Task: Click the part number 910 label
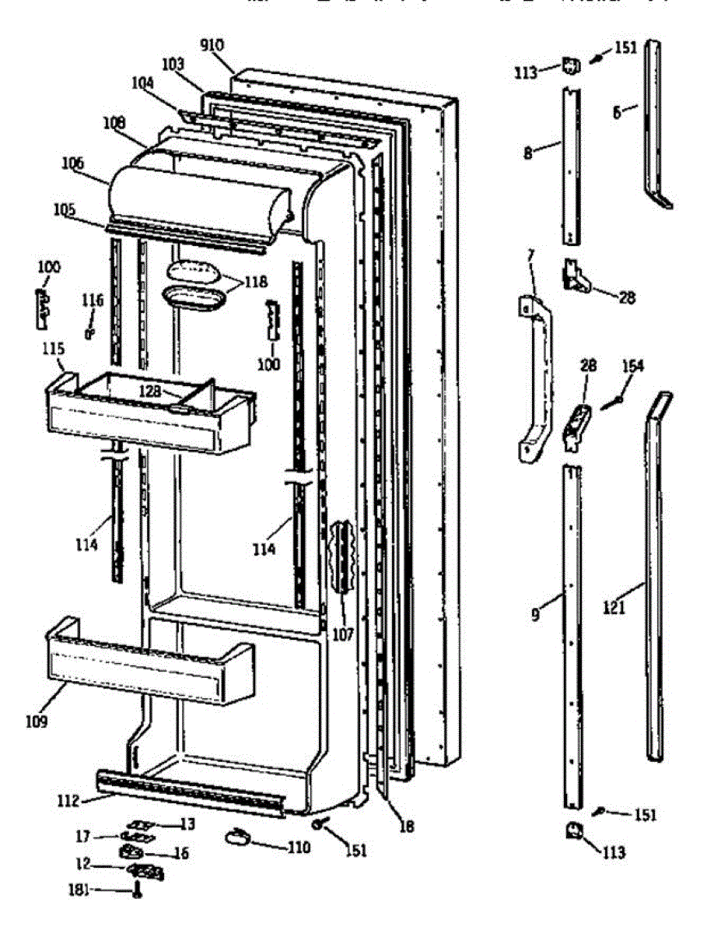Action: (x=212, y=44)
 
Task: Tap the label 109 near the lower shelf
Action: (x=35, y=722)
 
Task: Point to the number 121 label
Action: (x=614, y=609)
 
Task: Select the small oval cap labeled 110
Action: (x=236, y=837)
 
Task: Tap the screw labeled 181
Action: (x=137, y=890)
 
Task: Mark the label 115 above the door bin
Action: (x=54, y=350)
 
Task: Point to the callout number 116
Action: (x=93, y=299)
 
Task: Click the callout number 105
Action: (x=65, y=209)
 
